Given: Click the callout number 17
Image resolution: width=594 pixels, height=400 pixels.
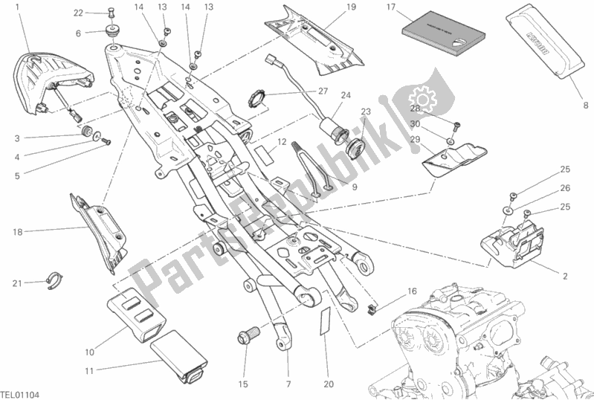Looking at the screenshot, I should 390,7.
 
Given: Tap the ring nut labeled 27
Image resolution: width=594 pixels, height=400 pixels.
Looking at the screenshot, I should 256,99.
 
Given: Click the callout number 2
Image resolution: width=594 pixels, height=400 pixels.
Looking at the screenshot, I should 564,277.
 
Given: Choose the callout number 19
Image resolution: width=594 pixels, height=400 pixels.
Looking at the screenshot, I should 351,7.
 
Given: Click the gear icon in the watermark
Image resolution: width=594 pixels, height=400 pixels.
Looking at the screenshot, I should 424,97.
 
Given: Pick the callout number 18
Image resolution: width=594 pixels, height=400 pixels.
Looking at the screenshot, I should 16,232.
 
